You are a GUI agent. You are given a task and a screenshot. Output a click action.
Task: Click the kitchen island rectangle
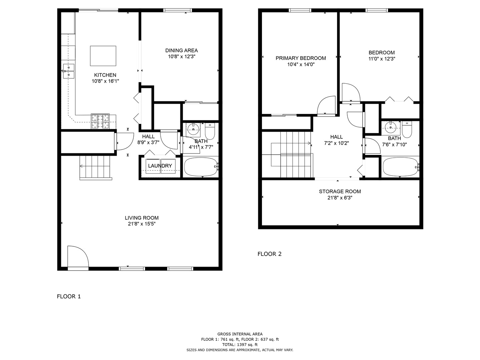[x=103, y=56]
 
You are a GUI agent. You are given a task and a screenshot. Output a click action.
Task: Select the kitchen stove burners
[x=100, y=121]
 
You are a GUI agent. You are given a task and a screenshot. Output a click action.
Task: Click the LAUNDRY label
[x=160, y=166]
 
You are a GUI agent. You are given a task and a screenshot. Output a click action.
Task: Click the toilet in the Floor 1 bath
[x=210, y=132]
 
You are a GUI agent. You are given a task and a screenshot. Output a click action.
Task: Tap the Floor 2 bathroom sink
[x=390, y=127]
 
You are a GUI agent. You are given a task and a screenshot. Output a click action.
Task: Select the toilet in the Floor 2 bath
[x=407, y=130]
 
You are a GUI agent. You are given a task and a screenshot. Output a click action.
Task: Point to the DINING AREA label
[x=181, y=50]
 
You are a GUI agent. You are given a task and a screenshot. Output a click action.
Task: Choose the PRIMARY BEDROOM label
[x=301, y=58]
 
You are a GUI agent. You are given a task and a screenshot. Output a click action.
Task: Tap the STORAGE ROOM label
[x=340, y=191]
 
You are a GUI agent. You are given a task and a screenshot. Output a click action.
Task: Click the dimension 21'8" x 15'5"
[x=142, y=224]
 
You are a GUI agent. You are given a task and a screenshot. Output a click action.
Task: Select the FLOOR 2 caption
[x=269, y=254]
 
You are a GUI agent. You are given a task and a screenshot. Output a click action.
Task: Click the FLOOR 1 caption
[x=69, y=296]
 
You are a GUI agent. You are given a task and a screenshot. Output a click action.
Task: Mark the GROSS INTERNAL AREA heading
[x=240, y=334]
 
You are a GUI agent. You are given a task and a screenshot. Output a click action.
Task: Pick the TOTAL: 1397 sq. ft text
[x=240, y=345]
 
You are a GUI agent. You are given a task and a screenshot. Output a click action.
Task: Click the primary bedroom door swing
[x=326, y=106]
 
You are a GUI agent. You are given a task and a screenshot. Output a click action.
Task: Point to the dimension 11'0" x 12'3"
[x=382, y=59]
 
